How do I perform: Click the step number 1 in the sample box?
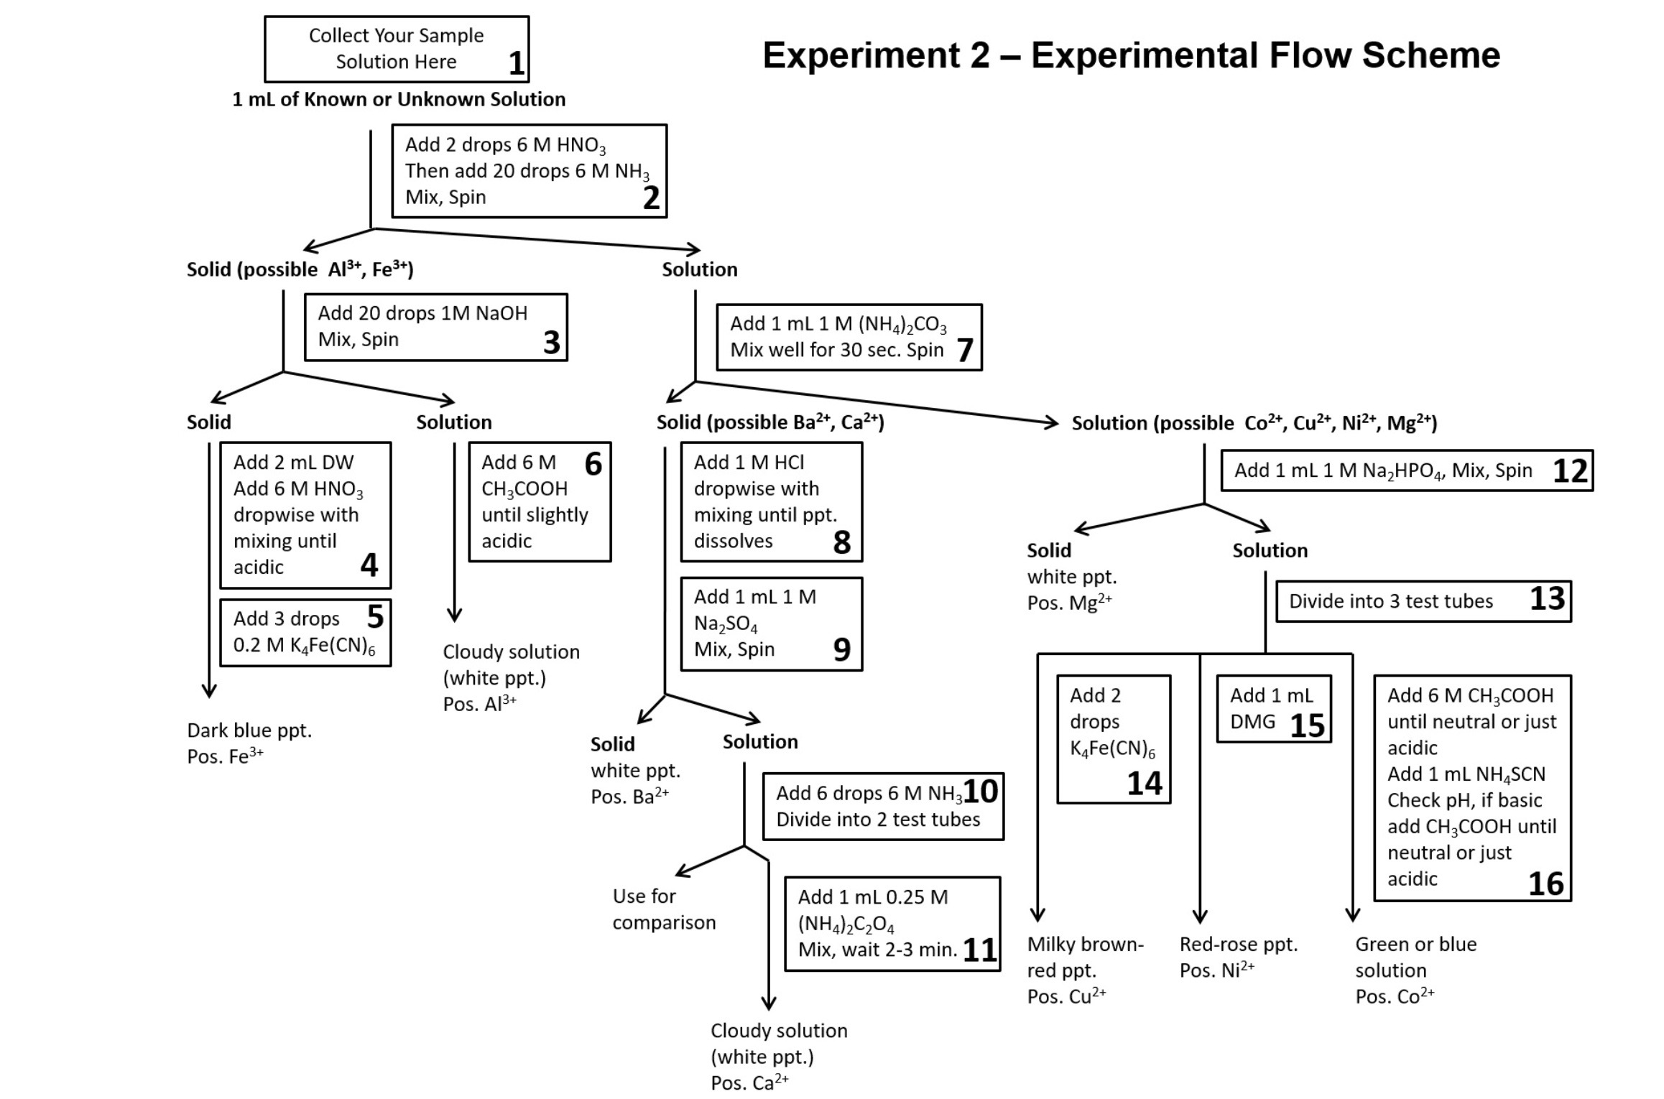click(x=516, y=63)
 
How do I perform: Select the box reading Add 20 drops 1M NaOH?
click(x=435, y=327)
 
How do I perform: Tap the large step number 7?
click(x=965, y=350)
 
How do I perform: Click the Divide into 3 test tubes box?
click(x=1423, y=601)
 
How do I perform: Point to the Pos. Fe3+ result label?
click(x=225, y=756)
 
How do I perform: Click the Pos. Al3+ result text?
click(x=479, y=703)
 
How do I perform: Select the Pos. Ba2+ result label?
click(x=629, y=797)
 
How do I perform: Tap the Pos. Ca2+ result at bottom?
click(x=749, y=1082)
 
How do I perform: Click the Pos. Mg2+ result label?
click(x=1069, y=603)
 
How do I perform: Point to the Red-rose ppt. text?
click(x=1239, y=945)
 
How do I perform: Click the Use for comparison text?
click(x=663, y=909)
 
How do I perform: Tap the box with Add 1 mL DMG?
click(x=1273, y=708)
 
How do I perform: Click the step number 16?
click(x=1545, y=884)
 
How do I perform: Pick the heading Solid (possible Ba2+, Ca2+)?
click(x=769, y=422)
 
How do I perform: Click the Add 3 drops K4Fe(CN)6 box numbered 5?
click(x=305, y=632)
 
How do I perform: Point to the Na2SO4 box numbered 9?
click(x=771, y=623)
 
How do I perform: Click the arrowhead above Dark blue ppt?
click(x=209, y=691)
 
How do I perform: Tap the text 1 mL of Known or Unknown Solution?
click(x=399, y=99)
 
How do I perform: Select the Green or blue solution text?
click(x=1415, y=957)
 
